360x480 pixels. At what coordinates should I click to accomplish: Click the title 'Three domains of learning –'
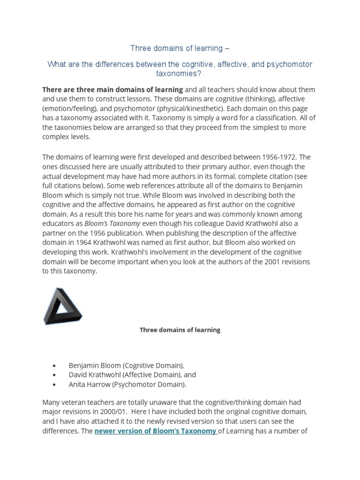coord(180,48)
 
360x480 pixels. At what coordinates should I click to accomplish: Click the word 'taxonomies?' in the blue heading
coord(180,73)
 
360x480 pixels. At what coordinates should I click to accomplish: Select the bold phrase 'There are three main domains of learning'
coord(112,90)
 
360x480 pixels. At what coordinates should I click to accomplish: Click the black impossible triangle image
coord(62,307)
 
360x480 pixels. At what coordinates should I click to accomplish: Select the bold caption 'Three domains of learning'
coord(180,330)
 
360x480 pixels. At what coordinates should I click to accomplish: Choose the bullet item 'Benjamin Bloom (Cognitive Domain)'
coord(127,365)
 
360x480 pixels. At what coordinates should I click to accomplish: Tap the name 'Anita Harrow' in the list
coord(89,384)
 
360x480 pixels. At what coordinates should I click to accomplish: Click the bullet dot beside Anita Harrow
coord(56,385)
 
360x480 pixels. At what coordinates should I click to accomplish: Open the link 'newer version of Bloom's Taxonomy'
coord(156,431)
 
